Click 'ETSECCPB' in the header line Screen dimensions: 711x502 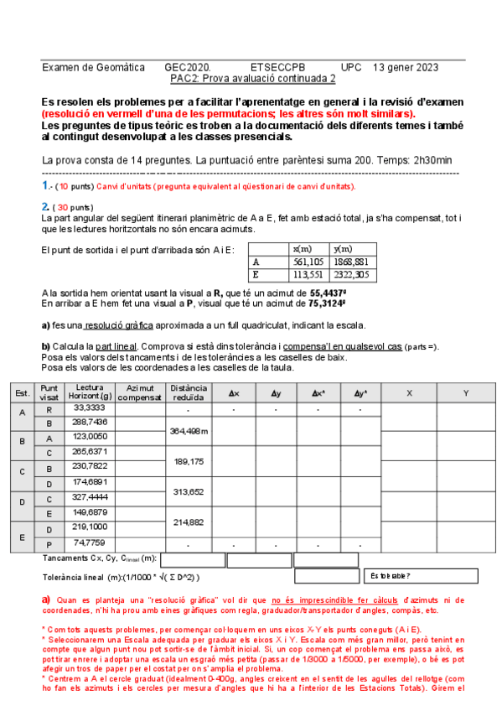(x=278, y=67)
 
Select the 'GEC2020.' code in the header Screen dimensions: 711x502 (x=188, y=67)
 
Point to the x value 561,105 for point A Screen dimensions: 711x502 (x=301, y=262)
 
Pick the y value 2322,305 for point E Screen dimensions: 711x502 (x=350, y=273)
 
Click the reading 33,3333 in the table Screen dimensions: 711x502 (x=90, y=407)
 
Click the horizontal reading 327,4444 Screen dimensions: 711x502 (x=90, y=496)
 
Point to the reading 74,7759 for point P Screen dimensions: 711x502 (x=90, y=542)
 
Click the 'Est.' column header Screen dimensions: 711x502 (x=23, y=392)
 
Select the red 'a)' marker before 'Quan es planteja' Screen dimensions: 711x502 (x=46, y=599)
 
